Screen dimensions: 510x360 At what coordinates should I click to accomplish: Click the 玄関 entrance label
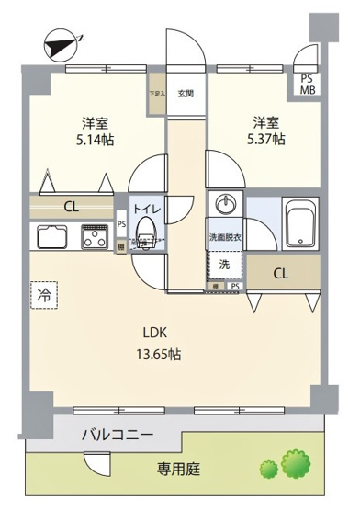[x=186, y=93]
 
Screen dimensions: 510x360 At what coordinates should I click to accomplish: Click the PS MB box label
[x=306, y=84]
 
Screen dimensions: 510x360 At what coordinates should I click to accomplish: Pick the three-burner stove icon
[x=95, y=236]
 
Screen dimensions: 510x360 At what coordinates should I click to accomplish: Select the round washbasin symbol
[x=225, y=204]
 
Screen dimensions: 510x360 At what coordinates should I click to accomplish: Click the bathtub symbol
[x=299, y=223]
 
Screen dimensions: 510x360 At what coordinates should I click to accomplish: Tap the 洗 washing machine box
[x=226, y=265]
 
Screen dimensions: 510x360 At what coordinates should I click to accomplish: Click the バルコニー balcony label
[x=117, y=435]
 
